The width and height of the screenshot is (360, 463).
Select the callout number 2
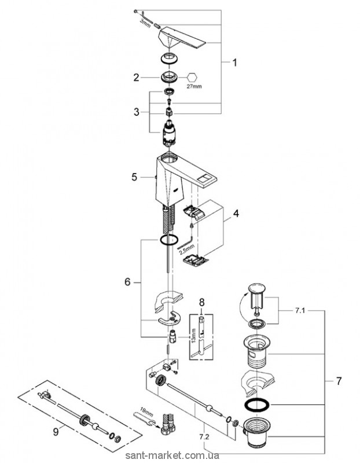[x=137, y=77]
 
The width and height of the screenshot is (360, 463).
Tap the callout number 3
[x=136, y=112]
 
